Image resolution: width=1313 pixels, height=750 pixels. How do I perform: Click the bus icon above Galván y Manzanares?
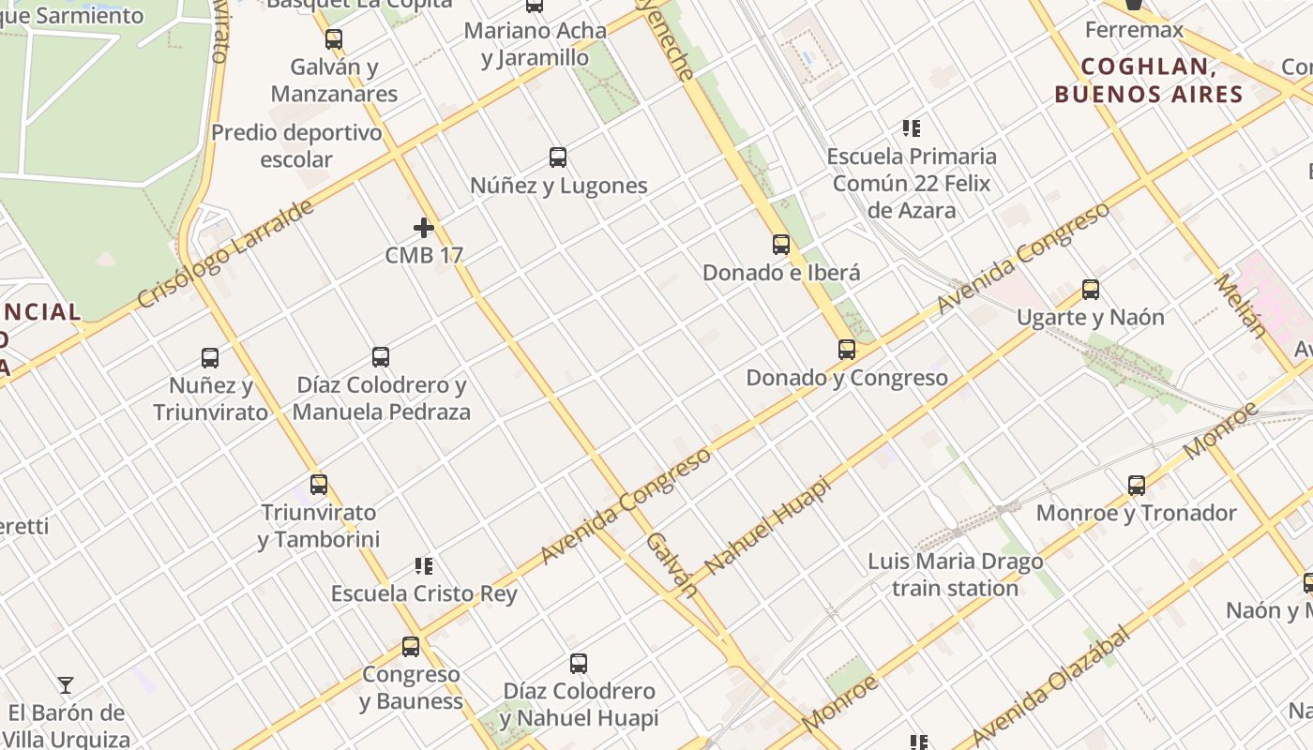[333, 39]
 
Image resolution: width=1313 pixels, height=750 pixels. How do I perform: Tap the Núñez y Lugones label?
[559, 186]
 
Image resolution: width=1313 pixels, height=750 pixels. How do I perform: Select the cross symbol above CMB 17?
[424, 228]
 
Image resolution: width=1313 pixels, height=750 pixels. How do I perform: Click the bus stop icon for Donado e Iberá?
[781, 245]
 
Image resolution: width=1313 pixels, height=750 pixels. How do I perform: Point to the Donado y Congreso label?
[847, 378]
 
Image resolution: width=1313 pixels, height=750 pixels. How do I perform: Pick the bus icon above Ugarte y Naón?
[1090, 290]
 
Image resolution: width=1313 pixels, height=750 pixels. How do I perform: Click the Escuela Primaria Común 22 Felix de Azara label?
[912, 183]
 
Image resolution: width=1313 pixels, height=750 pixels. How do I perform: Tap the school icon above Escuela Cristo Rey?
[424, 566]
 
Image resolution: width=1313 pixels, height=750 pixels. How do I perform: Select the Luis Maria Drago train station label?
[955, 575]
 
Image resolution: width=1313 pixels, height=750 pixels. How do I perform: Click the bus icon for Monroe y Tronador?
[1137, 486]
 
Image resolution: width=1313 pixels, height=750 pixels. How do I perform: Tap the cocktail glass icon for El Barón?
[66, 685]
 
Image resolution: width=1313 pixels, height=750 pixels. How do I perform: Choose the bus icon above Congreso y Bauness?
[411, 647]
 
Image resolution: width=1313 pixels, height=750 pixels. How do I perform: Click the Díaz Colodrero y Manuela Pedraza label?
[381, 398]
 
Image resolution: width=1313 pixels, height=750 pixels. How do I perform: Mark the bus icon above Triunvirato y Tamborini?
[319, 485]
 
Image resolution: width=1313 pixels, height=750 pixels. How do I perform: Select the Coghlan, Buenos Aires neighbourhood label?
[1148, 81]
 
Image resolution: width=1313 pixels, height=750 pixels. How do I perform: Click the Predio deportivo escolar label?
[296, 145]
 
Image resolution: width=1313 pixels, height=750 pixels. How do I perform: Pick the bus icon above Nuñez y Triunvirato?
[210, 358]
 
